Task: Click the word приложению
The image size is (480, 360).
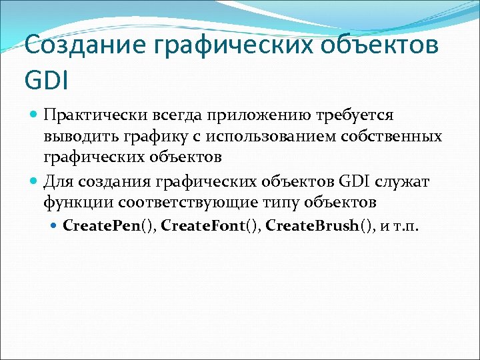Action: click(x=269, y=116)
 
